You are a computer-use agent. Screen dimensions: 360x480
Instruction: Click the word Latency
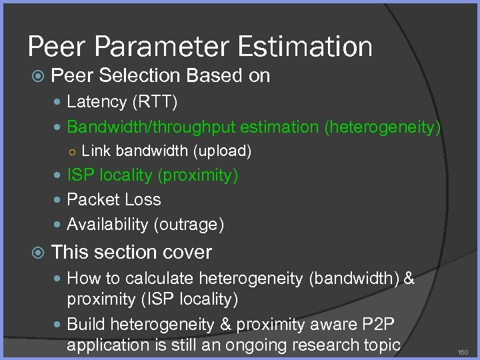click(x=97, y=102)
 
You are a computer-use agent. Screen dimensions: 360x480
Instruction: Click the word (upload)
click(x=222, y=151)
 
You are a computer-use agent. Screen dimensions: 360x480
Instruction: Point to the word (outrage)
click(x=189, y=225)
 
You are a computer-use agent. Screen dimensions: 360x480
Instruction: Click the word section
click(x=127, y=253)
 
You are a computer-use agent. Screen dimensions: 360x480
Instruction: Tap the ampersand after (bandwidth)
click(x=409, y=278)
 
